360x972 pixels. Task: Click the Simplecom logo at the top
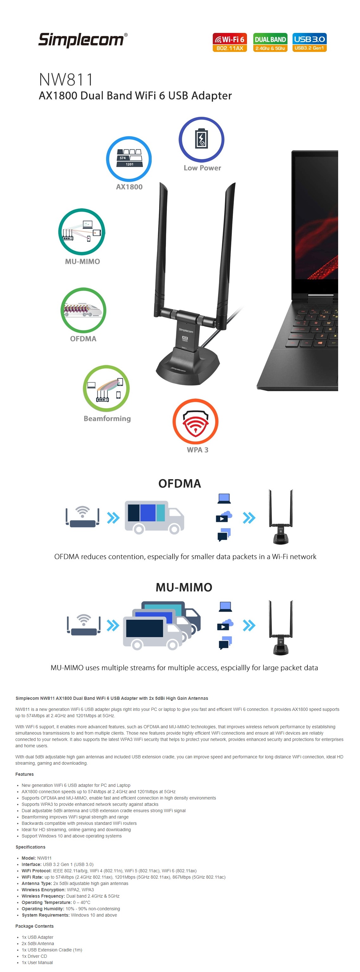83,40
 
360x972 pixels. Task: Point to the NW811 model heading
66,80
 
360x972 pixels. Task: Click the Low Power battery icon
201,139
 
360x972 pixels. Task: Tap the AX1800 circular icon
129,159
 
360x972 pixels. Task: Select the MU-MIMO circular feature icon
81,231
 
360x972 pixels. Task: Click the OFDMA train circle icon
83,310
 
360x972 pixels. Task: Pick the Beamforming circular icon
106,388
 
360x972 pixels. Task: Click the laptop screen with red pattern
316,223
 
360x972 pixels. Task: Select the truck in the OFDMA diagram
154,517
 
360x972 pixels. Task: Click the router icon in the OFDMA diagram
83,517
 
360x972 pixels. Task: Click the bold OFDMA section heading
180,483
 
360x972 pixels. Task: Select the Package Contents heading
34,926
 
